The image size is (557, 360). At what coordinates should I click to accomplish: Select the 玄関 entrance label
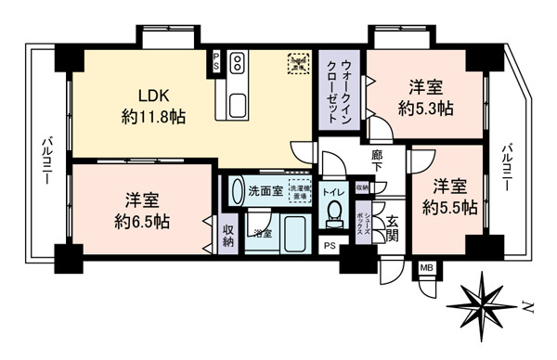[x=393, y=227]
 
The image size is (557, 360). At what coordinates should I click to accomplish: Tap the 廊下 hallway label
[x=378, y=161]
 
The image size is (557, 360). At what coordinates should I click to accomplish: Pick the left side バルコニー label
[x=45, y=160]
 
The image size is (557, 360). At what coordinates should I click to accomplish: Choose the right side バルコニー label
[x=507, y=167]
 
